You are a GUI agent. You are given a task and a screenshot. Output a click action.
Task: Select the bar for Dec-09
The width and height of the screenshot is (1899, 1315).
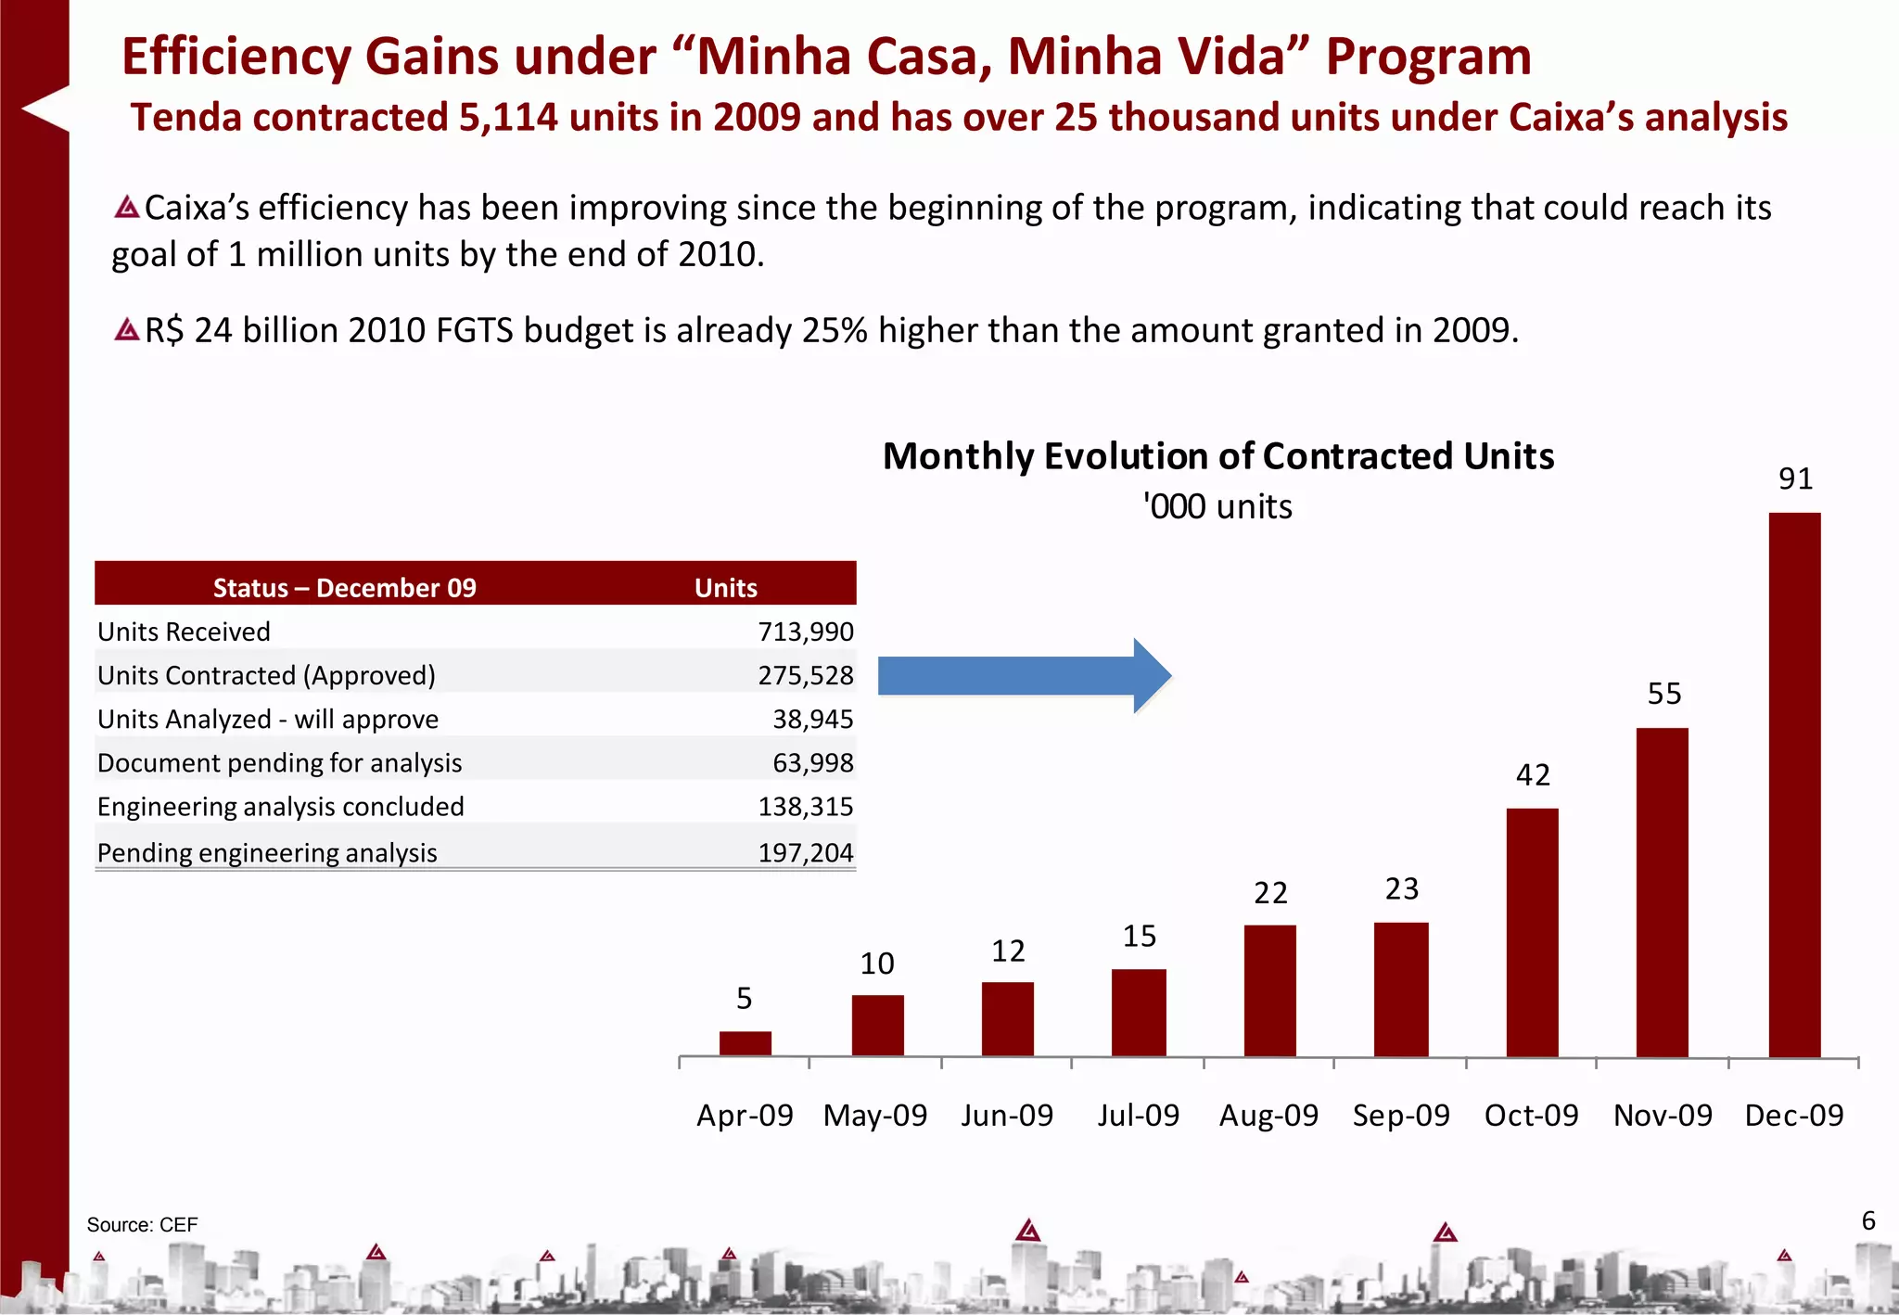click(1794, 785)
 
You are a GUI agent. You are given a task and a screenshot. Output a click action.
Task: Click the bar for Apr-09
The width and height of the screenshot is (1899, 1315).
click(745, 1043)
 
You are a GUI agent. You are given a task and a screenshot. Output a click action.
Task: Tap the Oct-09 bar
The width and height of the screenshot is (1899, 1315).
click(1532, 932)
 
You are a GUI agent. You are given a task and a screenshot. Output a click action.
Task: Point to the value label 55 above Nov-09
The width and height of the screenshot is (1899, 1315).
click(1664, 694)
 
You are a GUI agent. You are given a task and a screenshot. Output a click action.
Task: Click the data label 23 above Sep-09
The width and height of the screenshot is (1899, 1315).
click(1402, 889)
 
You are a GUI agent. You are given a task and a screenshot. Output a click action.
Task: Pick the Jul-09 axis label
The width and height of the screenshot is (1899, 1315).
click(1138, 1115)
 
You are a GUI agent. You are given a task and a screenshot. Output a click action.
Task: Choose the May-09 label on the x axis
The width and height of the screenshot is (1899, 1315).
click(875, 1115)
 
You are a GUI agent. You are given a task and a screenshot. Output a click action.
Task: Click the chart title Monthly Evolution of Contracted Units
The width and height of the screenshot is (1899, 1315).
click(1217, 456)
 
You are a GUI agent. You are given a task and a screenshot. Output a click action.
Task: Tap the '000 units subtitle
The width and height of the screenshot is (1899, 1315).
click(1217, 507)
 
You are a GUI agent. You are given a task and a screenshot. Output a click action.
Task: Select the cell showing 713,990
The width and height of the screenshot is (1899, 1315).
click(805, 632)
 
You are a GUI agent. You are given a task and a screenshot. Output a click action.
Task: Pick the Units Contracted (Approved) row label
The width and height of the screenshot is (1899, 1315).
click(266, 675)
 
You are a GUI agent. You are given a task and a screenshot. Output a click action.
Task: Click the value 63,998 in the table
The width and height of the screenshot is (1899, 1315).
click(812, 762)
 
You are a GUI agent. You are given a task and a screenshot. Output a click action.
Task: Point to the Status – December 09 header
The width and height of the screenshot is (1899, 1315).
click(344, 588)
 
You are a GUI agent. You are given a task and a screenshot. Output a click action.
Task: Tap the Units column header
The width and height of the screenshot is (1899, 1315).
click(725, 588)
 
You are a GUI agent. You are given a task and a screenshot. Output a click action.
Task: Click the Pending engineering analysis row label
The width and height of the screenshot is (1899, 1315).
click(267, 852)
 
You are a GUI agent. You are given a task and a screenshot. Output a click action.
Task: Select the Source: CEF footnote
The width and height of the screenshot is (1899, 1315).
click(142, 1224)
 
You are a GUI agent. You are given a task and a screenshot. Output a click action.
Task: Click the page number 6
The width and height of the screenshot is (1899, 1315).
click(1868, 1220)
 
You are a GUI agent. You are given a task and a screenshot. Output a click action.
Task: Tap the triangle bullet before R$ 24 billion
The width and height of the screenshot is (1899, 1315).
click(127, 329)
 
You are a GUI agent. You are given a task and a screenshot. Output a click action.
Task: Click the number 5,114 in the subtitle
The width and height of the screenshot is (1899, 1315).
click(507, 118)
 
